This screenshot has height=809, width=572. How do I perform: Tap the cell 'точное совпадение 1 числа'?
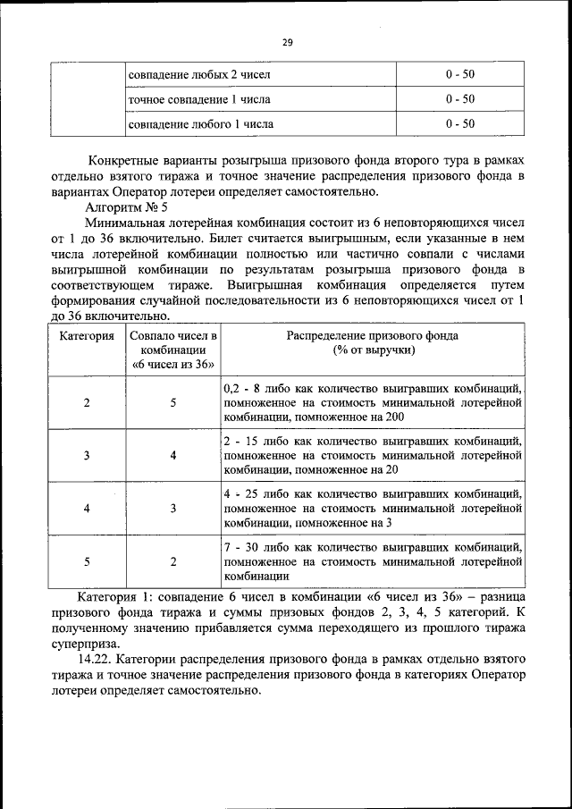tap(199, 98)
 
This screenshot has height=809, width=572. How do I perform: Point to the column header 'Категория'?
tap(87, 336)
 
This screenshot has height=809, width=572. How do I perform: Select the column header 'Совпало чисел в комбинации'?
tap(173, 350)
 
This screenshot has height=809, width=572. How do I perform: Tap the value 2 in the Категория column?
tap(87, 402)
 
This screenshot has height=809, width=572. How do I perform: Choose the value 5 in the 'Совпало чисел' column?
tap(173, 402)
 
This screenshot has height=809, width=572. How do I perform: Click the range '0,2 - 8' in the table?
tap(244, 389)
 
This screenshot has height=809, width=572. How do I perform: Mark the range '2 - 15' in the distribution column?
tap(241, 441)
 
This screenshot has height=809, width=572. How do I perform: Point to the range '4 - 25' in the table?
tap(241, 493)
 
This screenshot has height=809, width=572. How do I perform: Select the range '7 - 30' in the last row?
tap(241, 546)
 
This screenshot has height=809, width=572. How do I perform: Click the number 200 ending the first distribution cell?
tap(391, 417)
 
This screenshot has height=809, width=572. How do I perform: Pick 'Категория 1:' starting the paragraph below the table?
tap(114, 595)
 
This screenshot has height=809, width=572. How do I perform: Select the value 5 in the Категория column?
tap(87, 560)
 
